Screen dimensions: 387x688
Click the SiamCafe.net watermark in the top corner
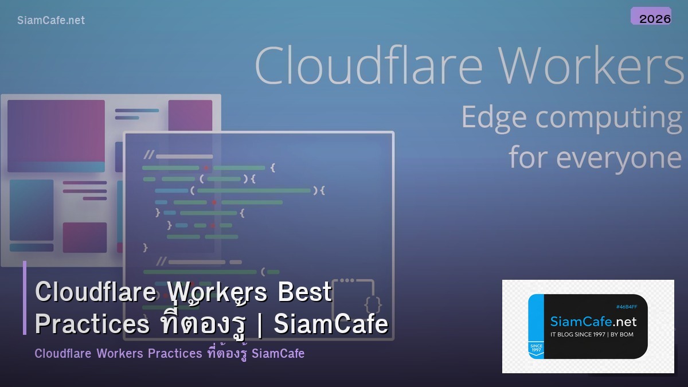click(x=51, y=20)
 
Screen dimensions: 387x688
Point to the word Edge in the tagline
click(x=494, y=118)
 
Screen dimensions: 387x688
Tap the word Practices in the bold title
click(x=92, y=325)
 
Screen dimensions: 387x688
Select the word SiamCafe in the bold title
click(x=331, y=325)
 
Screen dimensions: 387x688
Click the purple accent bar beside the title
click(x=25, y=298)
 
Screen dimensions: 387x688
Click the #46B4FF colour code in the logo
click(x=626, y=307)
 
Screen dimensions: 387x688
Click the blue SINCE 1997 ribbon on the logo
click(x=535, y=348)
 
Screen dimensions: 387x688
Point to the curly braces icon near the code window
click(x=373, y=302)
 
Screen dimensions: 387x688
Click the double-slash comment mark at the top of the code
click(x=148, y=155)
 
